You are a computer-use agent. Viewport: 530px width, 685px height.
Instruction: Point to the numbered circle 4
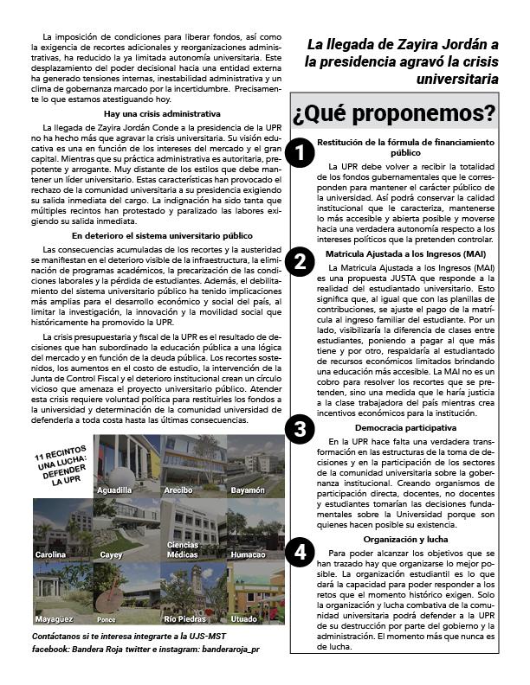coord(299,553)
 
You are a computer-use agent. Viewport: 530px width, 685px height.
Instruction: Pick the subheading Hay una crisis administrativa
coord(161,113)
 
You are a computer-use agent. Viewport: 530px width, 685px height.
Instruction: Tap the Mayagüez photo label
coord(55,619)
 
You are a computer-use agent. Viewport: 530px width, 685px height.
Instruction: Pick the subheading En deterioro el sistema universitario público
coord(161,235)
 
